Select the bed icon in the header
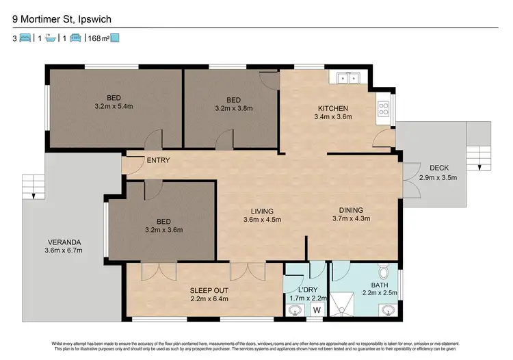coord(25,38)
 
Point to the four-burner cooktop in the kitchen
coord(383,107)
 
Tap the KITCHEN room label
coord(333,108)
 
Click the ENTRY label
coord(158,161)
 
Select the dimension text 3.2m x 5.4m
coord(114,107)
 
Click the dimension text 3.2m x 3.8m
coord(234,107)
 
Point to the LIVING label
coord(263,210)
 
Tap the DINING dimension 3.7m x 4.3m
coord(350,219)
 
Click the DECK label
coord(438,168)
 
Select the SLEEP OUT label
coord(209,290)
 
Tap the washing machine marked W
coord(316,310)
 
